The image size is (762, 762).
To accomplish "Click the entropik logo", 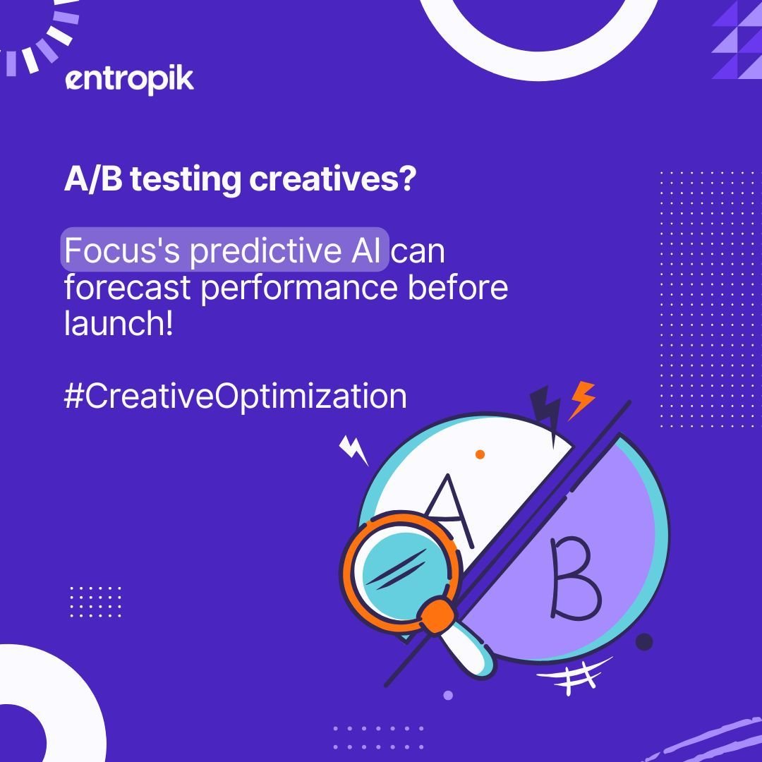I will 129,80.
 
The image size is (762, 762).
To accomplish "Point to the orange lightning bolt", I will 582,399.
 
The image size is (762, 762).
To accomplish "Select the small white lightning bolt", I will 353,450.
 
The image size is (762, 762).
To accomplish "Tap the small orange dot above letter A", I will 480,454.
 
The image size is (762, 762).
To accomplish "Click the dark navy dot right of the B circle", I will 644,642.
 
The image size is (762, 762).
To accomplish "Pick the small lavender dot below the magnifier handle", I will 447,695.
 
